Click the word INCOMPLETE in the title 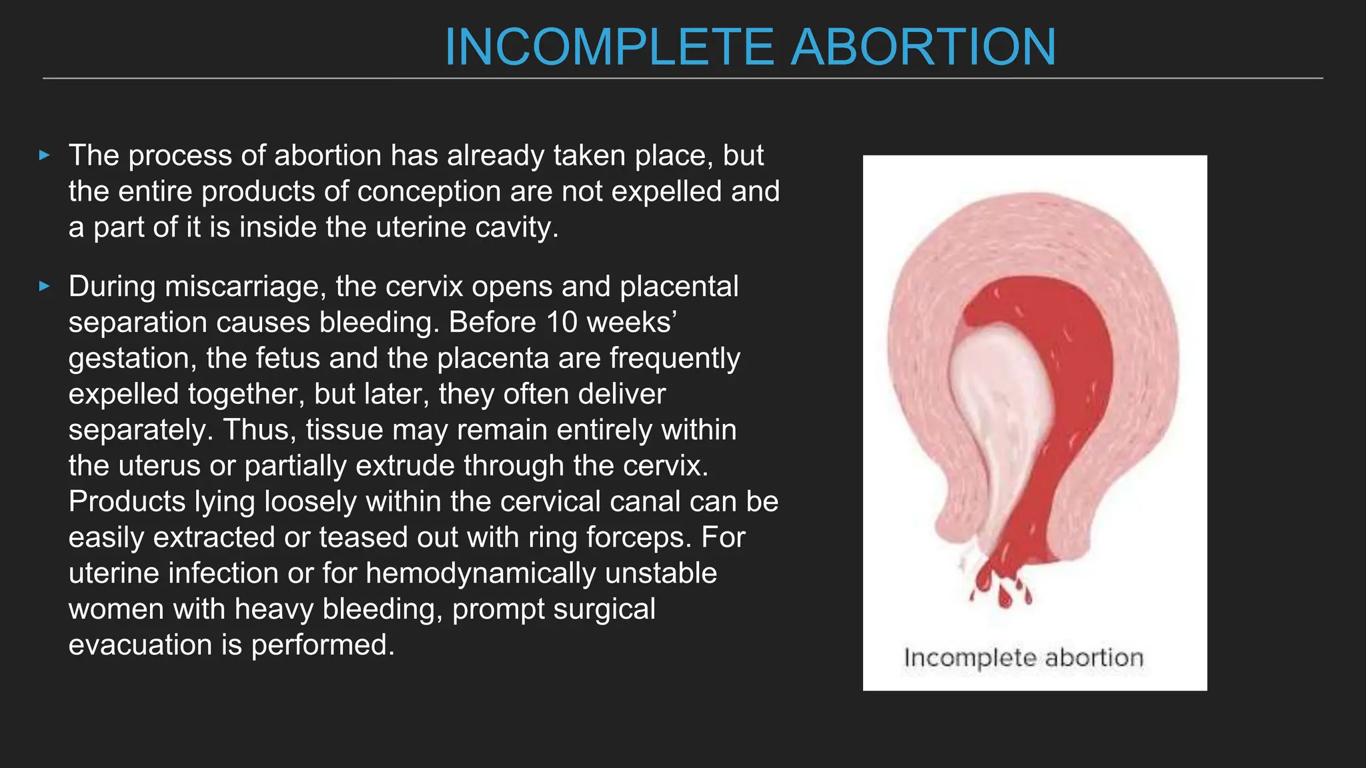pos(608,47)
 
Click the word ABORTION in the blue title pos(923,47)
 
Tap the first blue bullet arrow pos(45,156)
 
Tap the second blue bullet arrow pos(45,287)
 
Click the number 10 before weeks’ pos(562,323)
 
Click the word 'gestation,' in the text pos(132,359)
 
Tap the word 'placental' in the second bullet pos(679,287)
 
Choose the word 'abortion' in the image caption pos(1094,658)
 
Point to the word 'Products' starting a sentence pos(127,501)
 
